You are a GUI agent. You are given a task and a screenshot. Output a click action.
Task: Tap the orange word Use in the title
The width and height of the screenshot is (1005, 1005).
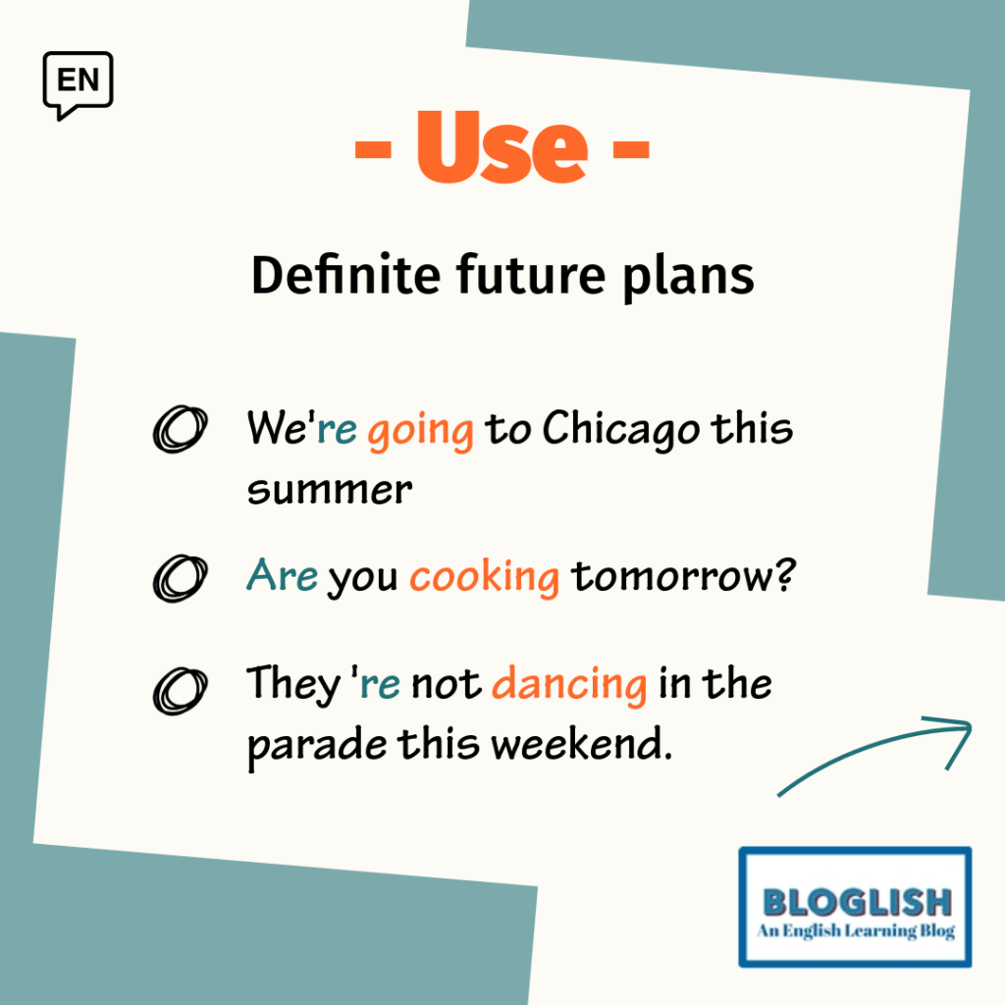coord(502,147)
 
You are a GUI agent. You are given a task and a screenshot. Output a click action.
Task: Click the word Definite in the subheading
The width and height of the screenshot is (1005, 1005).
coord(345,275)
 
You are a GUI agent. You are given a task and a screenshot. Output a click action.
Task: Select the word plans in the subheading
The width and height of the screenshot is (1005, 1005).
coord(688,277)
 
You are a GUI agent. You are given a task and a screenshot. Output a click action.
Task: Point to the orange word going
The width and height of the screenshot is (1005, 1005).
coord(420,431)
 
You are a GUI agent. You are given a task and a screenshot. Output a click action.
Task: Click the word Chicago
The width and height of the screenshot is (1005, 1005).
coord(621,429)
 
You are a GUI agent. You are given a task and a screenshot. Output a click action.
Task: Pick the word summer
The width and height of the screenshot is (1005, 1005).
coord(330,491)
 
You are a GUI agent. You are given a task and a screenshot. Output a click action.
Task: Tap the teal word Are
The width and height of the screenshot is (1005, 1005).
coord(282,574)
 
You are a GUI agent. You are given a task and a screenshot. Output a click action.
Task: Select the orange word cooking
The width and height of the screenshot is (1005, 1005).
coord(485,577)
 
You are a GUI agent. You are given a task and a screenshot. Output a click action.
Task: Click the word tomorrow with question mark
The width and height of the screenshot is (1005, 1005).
coord(683,575)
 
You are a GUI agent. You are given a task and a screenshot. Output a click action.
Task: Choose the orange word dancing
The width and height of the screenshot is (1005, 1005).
coord(569,684)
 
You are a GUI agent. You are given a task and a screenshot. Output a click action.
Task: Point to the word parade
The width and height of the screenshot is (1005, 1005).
coord(317,747)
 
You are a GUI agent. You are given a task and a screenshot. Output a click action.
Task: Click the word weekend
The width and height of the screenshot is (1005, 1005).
coord(582,744)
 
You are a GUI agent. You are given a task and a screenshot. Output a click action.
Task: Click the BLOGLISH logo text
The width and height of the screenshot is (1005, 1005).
coord(857,903)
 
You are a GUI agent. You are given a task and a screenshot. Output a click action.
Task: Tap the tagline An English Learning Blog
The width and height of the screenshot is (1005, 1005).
coord(856,930)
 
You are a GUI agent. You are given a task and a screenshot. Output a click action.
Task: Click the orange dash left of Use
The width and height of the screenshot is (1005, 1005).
coord(373,149)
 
